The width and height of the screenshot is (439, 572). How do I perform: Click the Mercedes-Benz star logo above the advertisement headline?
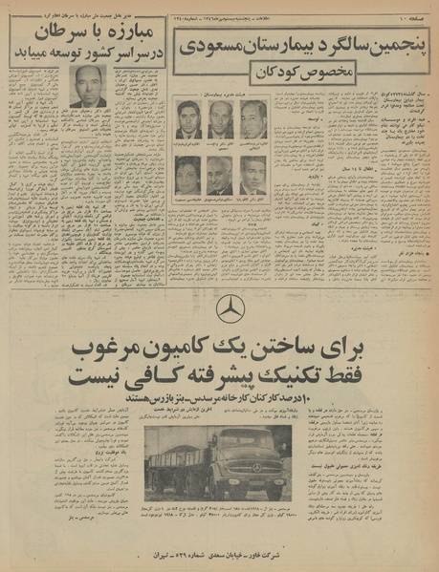click(227, 309)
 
